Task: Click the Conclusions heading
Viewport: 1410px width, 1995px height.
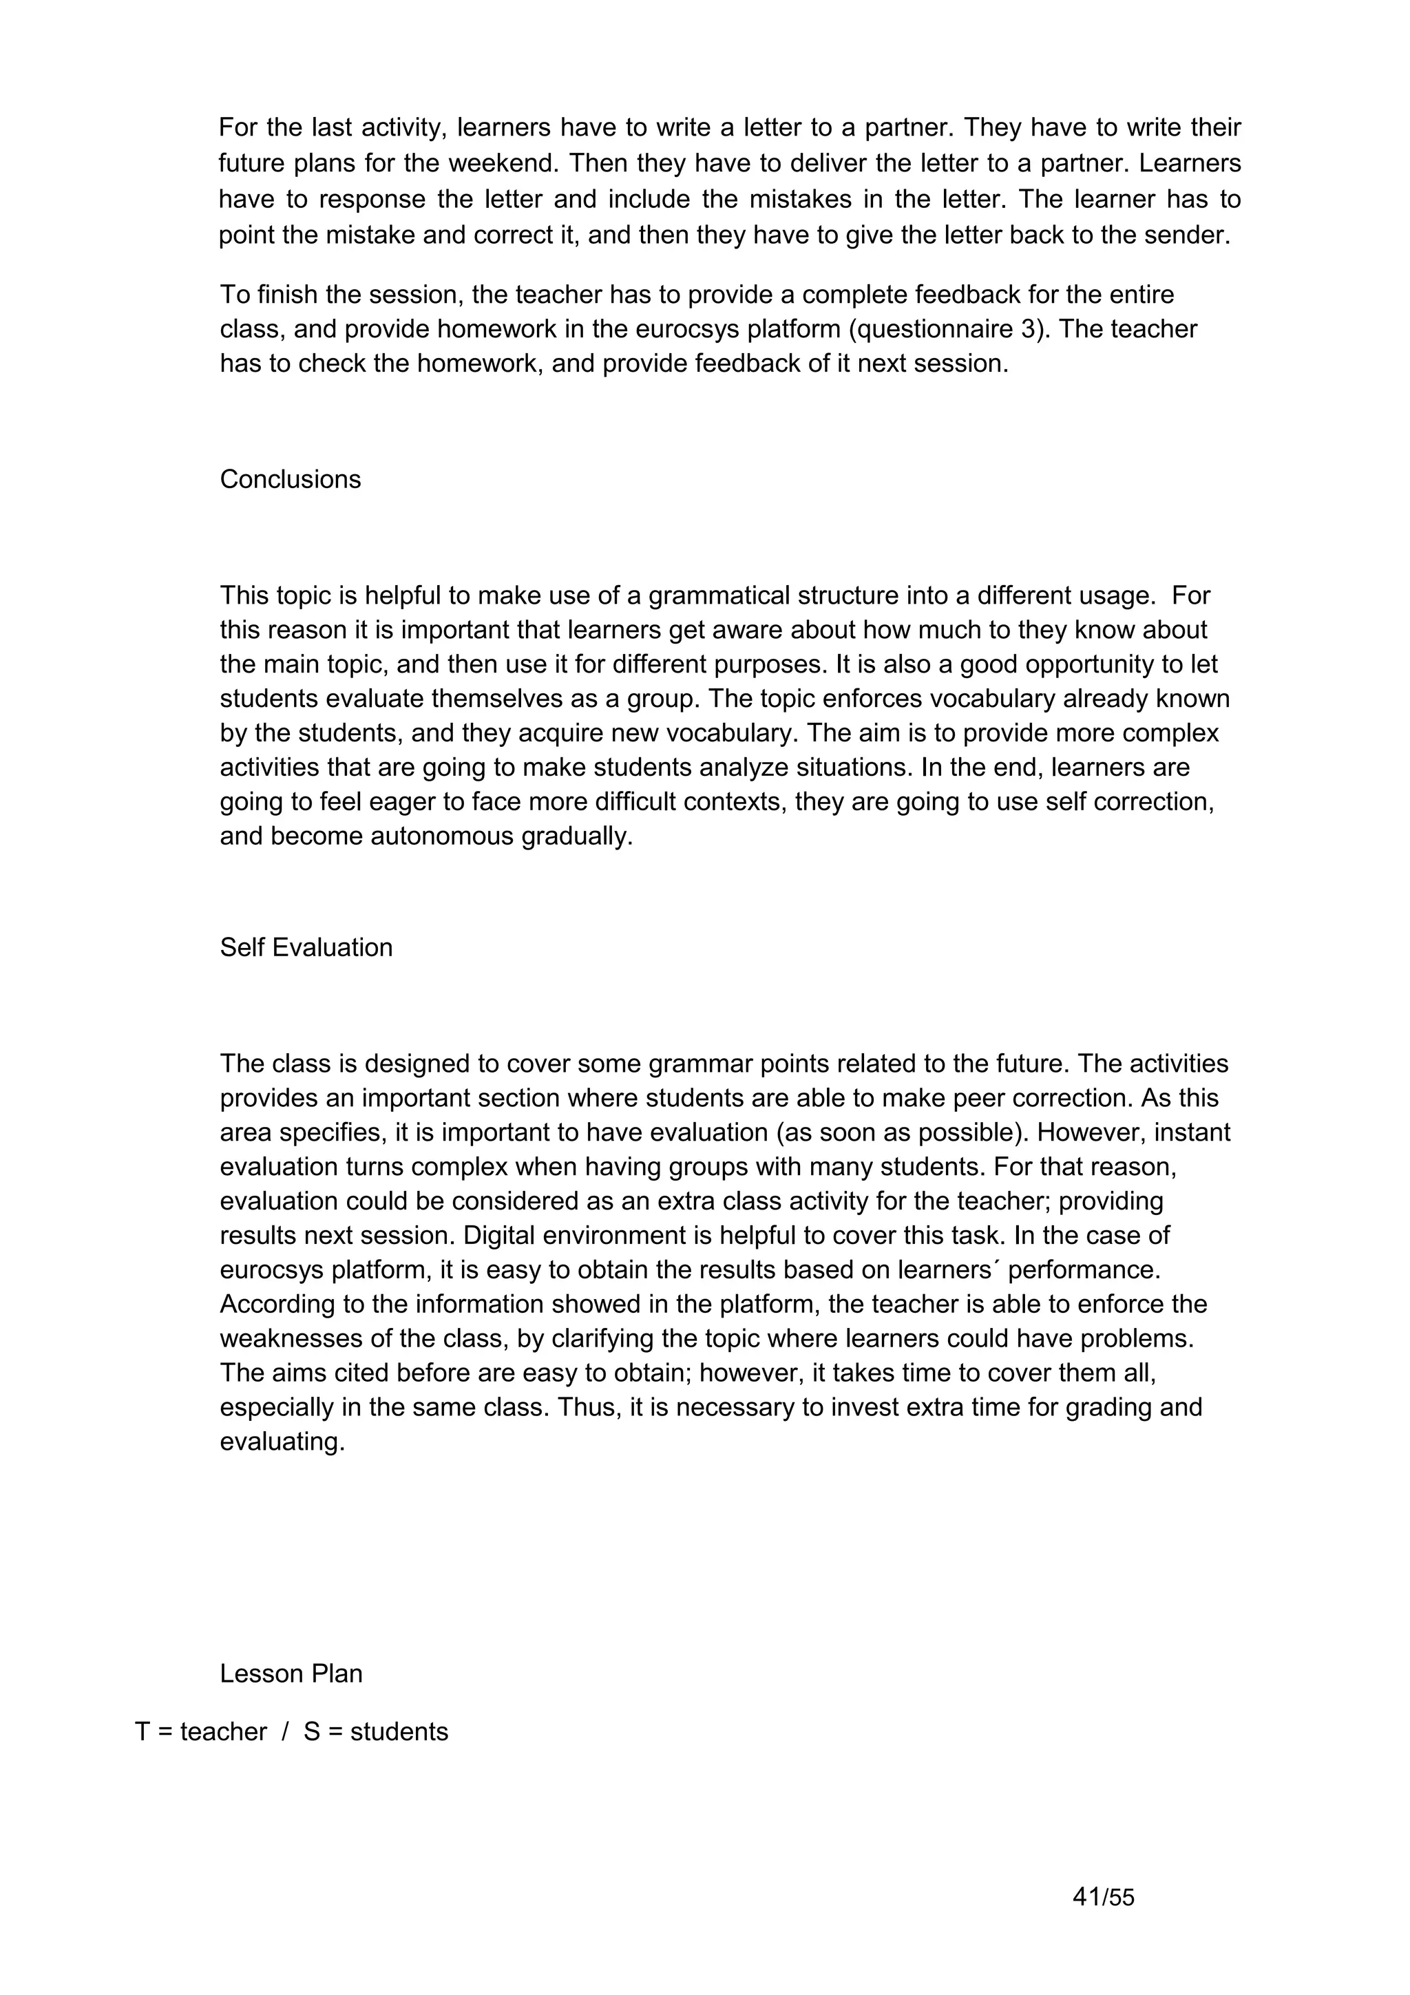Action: [x=290, y=480]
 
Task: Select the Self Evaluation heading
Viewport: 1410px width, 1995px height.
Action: [x=306, y=947]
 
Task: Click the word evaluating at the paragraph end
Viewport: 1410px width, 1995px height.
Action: [x=282, y=1442]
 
